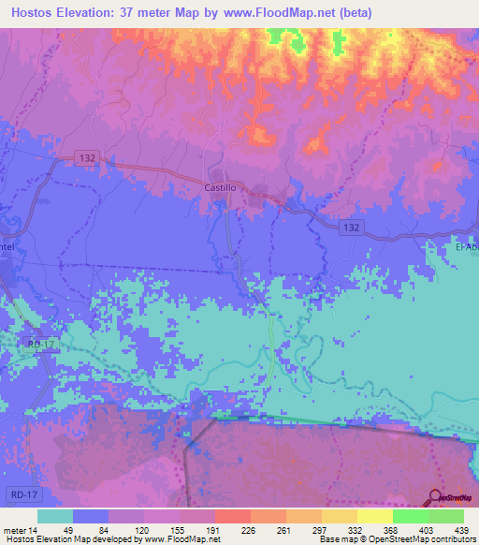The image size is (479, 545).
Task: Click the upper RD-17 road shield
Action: click(x=41, y=346)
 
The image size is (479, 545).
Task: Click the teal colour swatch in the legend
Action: click(x=55, y=516)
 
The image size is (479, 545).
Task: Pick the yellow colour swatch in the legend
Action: click(x=374, y=516)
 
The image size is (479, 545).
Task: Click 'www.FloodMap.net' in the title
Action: click(x=281, y=13)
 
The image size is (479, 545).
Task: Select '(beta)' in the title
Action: click(x=356, y=13)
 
